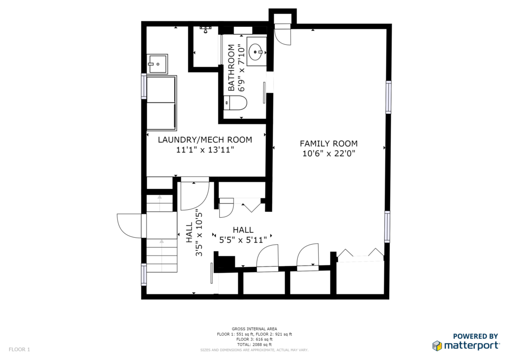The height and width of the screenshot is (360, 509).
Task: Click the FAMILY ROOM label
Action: [x=329, y=144]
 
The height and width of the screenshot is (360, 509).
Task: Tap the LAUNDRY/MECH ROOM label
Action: [x=205, y=140]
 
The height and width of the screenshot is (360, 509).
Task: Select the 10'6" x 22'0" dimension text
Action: [x=329, y=154]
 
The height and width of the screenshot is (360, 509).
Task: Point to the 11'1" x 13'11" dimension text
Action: [x=205, y=150]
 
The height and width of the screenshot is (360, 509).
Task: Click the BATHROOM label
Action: [x=231, y=68]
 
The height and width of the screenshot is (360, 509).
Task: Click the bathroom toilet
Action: [x=236, y=102]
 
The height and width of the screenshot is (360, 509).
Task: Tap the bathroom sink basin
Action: [x=256, y=52]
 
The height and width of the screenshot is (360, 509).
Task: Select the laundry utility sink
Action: [x=157, y=64]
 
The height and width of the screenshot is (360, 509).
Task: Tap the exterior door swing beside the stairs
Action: [x=129, y=226]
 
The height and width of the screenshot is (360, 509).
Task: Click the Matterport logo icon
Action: [x=437, y=346]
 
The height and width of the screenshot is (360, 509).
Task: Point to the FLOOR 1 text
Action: [x=19, y=350]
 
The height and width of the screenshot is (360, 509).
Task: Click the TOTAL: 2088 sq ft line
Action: [x=254, y=345]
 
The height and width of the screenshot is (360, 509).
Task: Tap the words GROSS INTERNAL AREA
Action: [x=254, y=329]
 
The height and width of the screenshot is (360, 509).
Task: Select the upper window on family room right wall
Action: [x=388, y=97]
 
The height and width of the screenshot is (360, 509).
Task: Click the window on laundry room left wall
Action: [x=144, y=86]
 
